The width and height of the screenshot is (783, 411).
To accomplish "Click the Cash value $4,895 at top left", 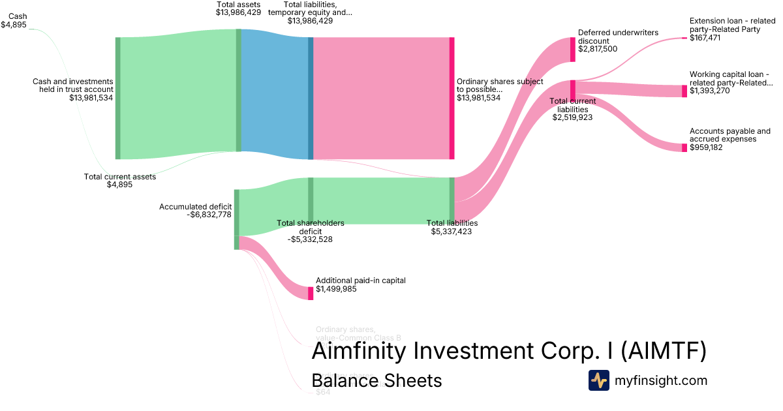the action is tap(14, 24).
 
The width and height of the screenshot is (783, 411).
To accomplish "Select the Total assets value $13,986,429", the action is tap(238, 12).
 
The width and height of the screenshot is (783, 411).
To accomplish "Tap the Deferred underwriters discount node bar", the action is tap(573, 50).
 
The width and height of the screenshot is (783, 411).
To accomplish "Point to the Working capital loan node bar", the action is tap(684, 91).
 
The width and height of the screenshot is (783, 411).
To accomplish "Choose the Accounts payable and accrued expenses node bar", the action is tap(684, 147).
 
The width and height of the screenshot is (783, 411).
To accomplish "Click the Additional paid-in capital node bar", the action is tap(311, 293).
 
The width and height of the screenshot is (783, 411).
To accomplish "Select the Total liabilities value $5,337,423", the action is tap(451, 231).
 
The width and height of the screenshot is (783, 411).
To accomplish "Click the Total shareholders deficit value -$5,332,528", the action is tap(311, 239).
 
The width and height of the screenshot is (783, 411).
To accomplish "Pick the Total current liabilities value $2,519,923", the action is tap(572, 118).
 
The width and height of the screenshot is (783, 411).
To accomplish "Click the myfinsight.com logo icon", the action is tap(598, 380).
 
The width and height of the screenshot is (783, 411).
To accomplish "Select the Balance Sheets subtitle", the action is tap(376, 380).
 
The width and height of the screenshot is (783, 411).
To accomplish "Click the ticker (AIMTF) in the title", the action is tap(662, 351).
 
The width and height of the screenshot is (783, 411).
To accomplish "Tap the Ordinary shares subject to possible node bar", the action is tap(452, 98).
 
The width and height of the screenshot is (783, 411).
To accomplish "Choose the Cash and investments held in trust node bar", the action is tap(118, 98).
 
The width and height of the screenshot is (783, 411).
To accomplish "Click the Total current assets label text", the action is tap(120, 176).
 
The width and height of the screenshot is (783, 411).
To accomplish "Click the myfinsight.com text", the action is tap(661, 380).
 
